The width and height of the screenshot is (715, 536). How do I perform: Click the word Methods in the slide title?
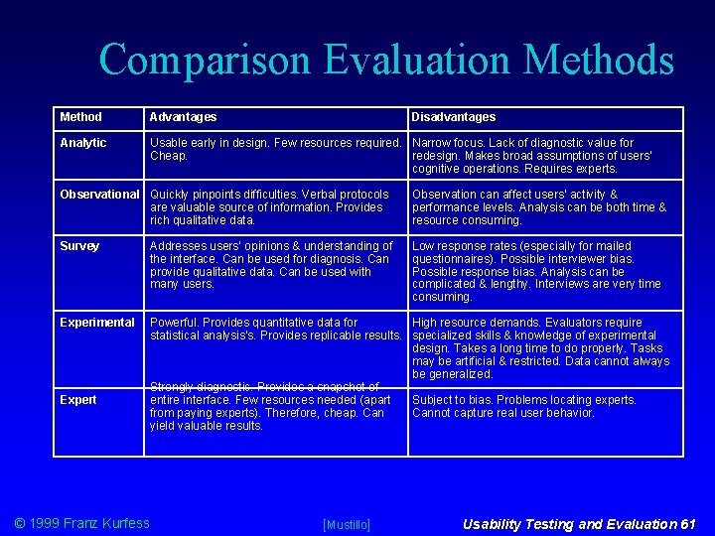598,62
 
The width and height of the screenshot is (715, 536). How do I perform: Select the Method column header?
80,117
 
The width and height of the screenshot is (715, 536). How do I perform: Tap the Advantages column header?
183,117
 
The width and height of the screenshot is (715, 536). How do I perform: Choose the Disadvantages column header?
453,117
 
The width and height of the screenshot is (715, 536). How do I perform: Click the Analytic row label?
83,143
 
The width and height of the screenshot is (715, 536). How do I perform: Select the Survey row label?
79,246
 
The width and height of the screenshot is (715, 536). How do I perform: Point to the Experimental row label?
97,323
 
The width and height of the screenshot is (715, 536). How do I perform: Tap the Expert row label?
78,400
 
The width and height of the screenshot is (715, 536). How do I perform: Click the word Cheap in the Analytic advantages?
168,156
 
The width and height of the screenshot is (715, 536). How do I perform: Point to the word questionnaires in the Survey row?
453,258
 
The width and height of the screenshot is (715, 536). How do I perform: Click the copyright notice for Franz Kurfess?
81,523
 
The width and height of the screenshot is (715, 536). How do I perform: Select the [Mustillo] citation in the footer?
347,524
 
